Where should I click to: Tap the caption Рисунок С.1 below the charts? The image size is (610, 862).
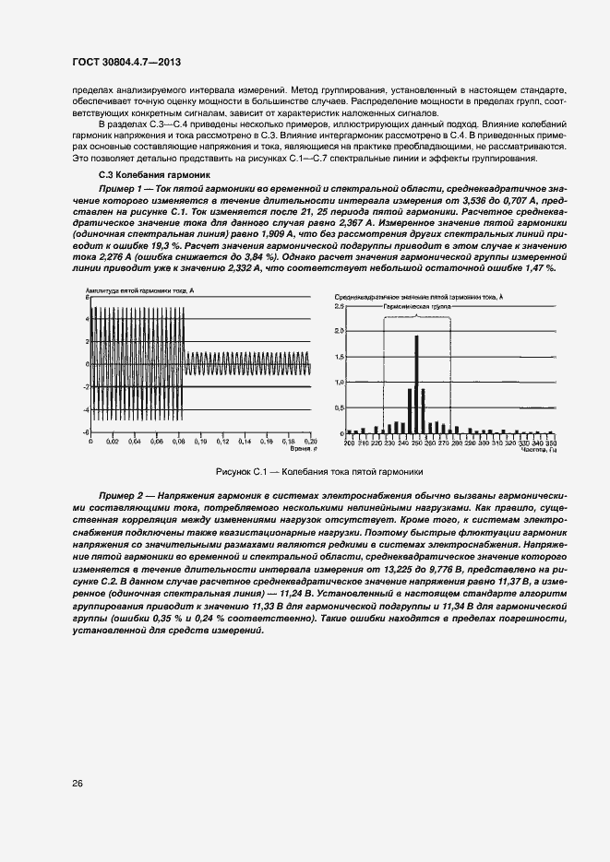click(318, 471)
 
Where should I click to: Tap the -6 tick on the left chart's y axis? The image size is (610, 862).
click(86, 431)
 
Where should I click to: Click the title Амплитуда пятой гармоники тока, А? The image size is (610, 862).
click(135, 291)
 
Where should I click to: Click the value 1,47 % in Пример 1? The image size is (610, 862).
click(540, 267)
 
